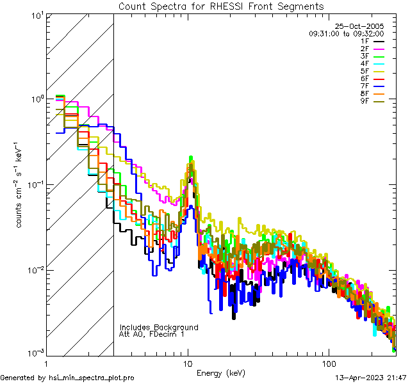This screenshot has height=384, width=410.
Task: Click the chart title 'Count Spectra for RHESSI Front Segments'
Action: (x=221, y=6)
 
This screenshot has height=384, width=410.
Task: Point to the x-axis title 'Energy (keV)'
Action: (x=220, y=372)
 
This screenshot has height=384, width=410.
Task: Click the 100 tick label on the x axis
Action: (x=329, y=362)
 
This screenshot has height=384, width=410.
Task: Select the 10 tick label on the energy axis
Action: (x=188, y=362)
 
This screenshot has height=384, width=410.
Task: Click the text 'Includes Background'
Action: (x=159, y=327)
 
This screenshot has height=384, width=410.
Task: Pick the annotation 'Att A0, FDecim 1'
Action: (x=152, y=334)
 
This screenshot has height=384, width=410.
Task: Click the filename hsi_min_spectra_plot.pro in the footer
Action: (x=92, y=378)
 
